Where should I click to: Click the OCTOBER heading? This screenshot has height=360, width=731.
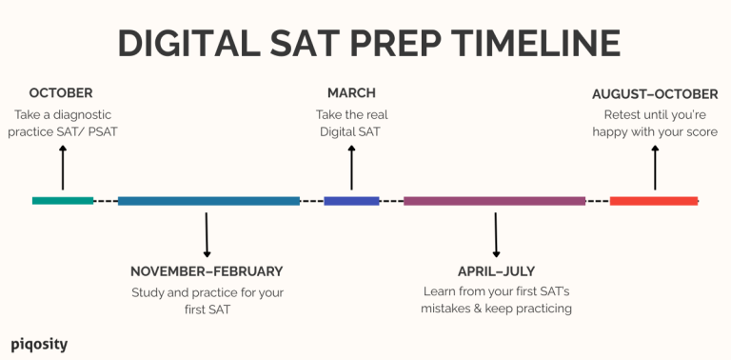coord(61,93)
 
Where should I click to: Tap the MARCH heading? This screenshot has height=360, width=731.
coord(351,93)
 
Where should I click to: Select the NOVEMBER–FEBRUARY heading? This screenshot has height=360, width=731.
coord(207,271)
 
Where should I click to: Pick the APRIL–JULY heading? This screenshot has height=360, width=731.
coord(496,271)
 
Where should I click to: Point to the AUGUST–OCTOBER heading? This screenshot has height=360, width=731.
coord(655,94)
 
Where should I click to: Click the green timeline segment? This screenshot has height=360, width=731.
coord(63,201)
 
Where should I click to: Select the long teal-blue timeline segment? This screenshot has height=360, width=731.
coord(208,201)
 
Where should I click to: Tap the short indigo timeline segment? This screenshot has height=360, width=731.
coord(351,201)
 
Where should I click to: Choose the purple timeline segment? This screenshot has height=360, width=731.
coord(494,201)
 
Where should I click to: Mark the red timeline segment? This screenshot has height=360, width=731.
coord(653,201)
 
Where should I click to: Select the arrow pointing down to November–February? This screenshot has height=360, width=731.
coord(207,234)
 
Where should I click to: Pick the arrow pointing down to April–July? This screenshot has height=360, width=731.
coord(496,234)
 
